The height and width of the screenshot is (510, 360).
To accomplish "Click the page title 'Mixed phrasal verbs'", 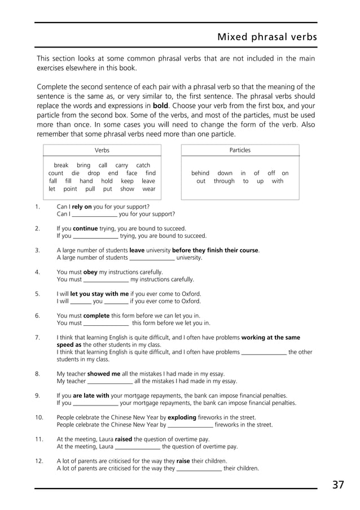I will coord(267,37).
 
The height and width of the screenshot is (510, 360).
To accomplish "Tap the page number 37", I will coord(338,485).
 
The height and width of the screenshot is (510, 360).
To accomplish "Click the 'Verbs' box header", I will coord(102,150).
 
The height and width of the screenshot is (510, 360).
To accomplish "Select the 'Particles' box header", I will coord(240,150).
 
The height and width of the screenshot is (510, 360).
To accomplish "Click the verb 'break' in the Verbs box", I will coord(61,165).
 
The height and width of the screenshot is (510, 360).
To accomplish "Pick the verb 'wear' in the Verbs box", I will coord(148,189).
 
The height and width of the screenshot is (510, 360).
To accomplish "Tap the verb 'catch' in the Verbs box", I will coord(143,165).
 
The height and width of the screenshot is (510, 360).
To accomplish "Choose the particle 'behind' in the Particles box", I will coord(200,173).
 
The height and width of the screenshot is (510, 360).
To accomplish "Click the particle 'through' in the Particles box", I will coord(224,181).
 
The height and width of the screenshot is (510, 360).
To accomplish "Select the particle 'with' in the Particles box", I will coord(277,181).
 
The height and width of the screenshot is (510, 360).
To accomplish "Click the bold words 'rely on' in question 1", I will coord(82,207).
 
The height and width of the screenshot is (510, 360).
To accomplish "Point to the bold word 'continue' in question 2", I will coord(85,228).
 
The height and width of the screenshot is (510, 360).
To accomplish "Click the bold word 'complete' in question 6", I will coord(96,316).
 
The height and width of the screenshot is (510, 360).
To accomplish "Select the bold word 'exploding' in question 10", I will coord(182,417).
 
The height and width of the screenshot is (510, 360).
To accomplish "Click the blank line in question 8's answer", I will coord(110,381).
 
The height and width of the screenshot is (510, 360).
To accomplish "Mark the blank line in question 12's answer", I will coord(199,468).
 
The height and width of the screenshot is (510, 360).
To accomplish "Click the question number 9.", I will coord(37,395).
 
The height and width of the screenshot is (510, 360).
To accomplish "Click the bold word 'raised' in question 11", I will coord(123,439).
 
